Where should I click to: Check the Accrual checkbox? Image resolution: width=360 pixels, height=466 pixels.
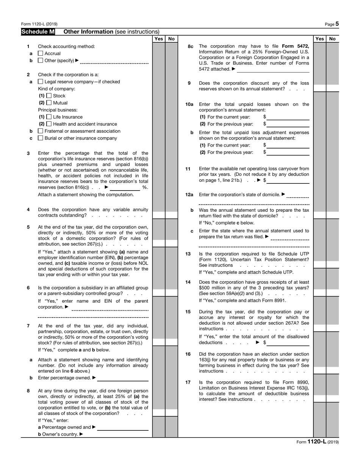point(41,53)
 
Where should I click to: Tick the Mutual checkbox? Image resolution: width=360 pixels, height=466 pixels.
point(49,103)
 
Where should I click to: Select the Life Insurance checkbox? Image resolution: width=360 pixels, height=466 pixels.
point(49,117)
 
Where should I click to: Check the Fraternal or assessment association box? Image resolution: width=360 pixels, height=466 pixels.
point(41,131)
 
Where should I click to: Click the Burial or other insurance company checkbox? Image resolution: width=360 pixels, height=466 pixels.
point(41,138)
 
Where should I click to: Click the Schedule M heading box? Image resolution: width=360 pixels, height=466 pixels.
point(38,32)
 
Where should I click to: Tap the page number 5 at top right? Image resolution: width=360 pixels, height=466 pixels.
point(337,24)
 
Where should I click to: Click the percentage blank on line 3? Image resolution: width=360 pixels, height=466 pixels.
point(125,187)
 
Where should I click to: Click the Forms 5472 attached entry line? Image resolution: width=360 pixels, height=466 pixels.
point(273,69)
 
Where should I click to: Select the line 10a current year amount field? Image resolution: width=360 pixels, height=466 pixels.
point(288,117)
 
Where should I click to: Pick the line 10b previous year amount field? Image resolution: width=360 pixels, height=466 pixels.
point(288,152)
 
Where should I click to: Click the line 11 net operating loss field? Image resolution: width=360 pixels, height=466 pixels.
point(288,180)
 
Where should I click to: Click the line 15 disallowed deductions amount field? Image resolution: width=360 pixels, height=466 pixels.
point(288,342)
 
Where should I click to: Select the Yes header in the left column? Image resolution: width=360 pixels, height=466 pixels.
point(159,39)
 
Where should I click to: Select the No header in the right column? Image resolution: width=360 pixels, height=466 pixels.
point(333,39)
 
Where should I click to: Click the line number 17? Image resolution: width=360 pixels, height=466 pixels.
point(188,382)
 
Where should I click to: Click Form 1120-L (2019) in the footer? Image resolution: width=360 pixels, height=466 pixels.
point(318,442)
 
